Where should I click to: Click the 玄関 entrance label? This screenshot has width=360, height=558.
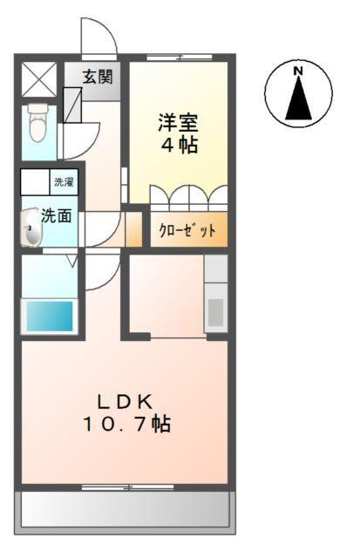tap(98, 76)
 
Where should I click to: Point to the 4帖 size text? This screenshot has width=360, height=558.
tap(177, 145)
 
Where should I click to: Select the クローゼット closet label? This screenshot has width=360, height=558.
tap(187, 231)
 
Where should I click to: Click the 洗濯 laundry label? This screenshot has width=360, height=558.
tap(65, 183)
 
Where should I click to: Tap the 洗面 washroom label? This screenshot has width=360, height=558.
tap(58, 215)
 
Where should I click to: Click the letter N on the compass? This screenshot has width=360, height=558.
tap(298, 71)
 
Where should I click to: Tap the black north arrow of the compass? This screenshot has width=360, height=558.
tap(299, 98)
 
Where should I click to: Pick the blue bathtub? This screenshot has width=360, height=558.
tap(50, 315)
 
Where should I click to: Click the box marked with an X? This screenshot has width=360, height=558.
tap(37, 79)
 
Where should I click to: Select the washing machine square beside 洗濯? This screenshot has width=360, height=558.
tap(35, 183)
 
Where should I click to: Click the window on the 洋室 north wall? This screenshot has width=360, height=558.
tap(179, 58)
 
